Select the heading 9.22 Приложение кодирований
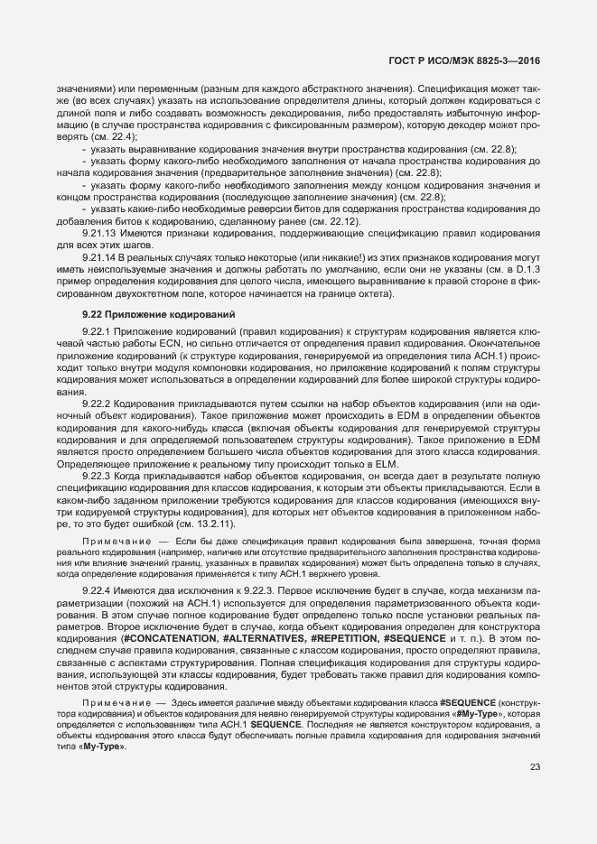click(x=145, y=314)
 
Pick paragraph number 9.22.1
click(x=95, y=333)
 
